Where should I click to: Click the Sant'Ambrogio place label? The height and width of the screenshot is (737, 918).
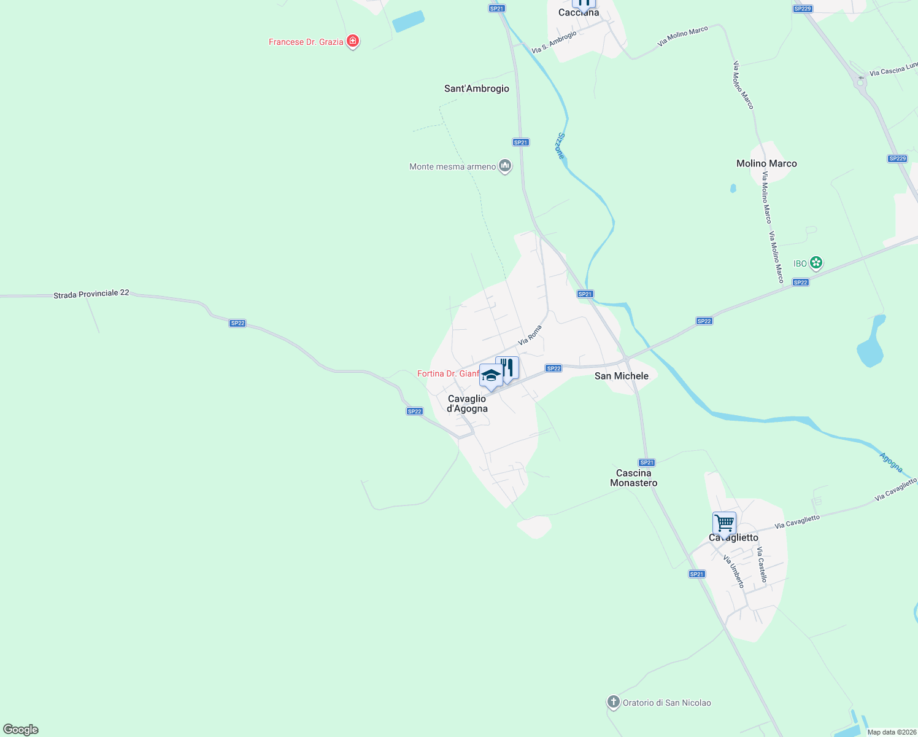(x=476, y=88)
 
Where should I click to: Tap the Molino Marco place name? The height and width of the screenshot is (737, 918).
(x=766, y=163)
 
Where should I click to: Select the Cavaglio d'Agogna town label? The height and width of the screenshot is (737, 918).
(x=467, y=404)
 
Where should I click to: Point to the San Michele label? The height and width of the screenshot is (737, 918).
(x=621, y=376)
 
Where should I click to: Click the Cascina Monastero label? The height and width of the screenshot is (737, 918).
(x=633, y=478)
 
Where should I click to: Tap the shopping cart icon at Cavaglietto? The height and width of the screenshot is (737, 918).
(x=724, y=523)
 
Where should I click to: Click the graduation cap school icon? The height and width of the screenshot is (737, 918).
(x=491, y=375)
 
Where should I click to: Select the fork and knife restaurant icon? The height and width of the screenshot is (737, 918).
(x=507, y=367)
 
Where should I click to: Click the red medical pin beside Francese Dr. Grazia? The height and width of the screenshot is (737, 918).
(x=353, y=41)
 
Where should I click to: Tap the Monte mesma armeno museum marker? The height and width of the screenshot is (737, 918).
(x=505, y=166)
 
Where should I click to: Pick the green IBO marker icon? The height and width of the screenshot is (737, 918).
(x=816, y=263)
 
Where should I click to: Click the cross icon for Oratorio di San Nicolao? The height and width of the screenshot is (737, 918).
(x=613, y=702)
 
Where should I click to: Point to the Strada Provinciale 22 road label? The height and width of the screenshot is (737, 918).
(x=91, y=294)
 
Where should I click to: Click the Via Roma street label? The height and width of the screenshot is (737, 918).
(x=530, y=335)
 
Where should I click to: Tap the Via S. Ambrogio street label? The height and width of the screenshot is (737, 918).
(x=553, y=42)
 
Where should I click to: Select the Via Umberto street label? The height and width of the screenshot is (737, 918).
(x=733, y=572)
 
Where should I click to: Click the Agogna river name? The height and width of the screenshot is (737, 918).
(x=891, y=462)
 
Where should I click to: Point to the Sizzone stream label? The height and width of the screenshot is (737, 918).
(x=560, y=146)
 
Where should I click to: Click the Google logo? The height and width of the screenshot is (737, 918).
(x=21, y=730)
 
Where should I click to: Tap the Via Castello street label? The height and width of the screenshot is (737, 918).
(x=762, y=564)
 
